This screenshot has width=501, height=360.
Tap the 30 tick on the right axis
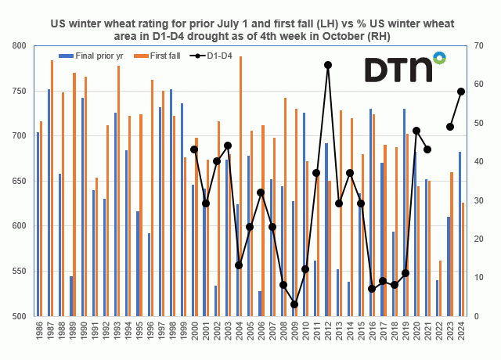coord(475,201)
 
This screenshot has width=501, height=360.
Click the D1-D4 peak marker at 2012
coord(327,65)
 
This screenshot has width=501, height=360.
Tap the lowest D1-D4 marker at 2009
coord(294,304)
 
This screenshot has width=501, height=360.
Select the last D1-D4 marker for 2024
coord(461,92)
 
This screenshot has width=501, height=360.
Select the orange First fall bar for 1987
coord(52,188)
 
